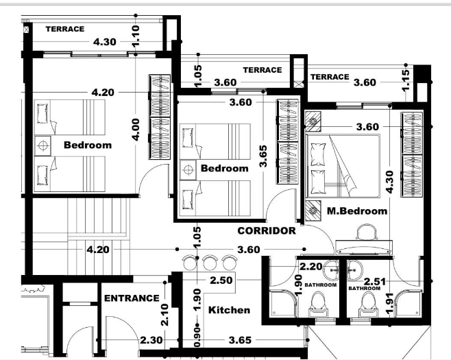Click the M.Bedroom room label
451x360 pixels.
click(356, 211)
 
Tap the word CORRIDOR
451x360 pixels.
click(266, 231)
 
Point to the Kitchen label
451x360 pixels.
click(229, 310)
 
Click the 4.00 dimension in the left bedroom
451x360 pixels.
click(136, 128)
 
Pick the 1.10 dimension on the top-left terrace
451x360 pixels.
click(136, 35)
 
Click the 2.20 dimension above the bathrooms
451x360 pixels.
click(310, 265)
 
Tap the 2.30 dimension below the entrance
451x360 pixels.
click(151, 339)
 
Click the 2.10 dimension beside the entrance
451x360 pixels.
click(164, 313)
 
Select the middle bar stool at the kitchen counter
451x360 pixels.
click(210, 261)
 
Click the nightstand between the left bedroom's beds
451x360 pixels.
click(42, 146)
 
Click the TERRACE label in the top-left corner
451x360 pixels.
click(64, 29)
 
